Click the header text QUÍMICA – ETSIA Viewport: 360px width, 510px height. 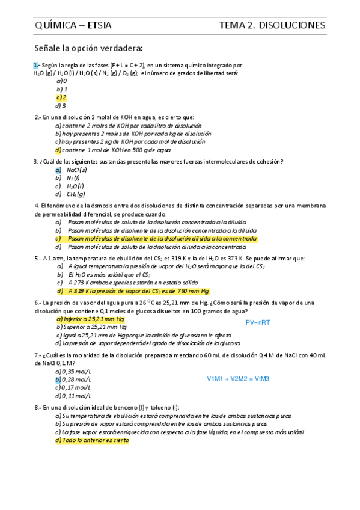(73, 25)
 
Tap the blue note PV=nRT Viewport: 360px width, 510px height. (258, 323)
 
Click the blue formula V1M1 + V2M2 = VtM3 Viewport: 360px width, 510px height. (238, 379)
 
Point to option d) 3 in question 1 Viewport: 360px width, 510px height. (61, 105)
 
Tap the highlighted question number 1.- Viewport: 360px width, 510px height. (37, 65)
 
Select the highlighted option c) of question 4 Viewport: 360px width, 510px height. (156, 239)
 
